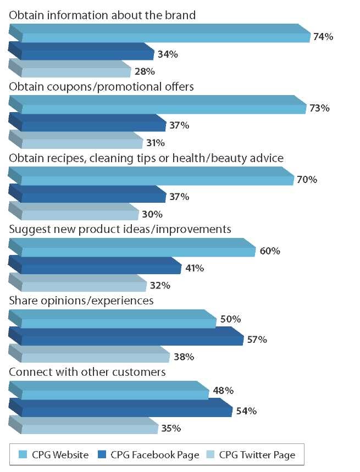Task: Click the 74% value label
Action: click(x=324, y=37)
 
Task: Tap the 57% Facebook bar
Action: click(x=126, y=337)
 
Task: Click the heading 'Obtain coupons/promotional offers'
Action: click(x=102, y=87)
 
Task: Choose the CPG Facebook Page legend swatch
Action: click(x=102, y=454)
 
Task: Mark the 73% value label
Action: click(x=319, y=108)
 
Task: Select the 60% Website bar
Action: click(x=132, y=248)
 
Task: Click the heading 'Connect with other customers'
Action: click(x=87, y=372)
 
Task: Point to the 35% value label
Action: click(x=171, y=428)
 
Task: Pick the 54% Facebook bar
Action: click(x=121, y=408)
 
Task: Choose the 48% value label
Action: click(x=224, y=391)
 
